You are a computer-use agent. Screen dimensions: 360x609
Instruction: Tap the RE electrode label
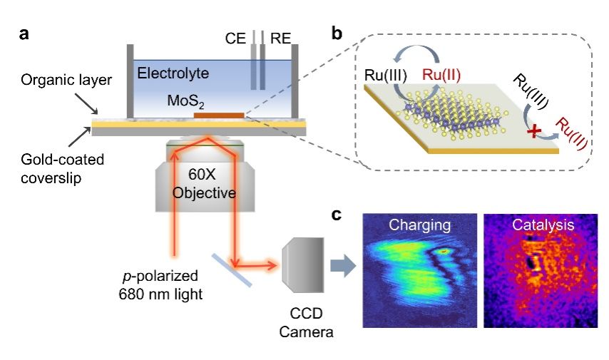click(280, 36)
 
